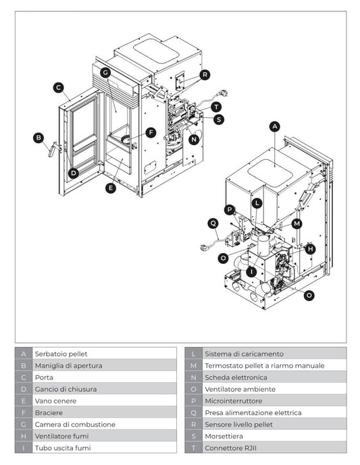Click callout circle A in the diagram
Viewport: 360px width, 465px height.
point(274,126)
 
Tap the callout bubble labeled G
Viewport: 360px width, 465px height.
point(105,72)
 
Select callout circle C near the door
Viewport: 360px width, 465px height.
point(59,87)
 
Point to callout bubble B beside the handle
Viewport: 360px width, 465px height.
point(38,138)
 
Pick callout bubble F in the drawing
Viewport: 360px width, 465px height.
point(151,132)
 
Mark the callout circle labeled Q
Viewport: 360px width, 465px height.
point(213,223)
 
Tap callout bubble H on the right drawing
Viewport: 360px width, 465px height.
point(310,248)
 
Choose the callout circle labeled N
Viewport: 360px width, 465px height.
point(195,140)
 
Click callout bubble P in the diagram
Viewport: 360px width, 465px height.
point(230,209)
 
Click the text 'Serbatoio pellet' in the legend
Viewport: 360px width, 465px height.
point(61,354)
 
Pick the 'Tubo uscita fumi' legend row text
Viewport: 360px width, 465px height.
point(62,447)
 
